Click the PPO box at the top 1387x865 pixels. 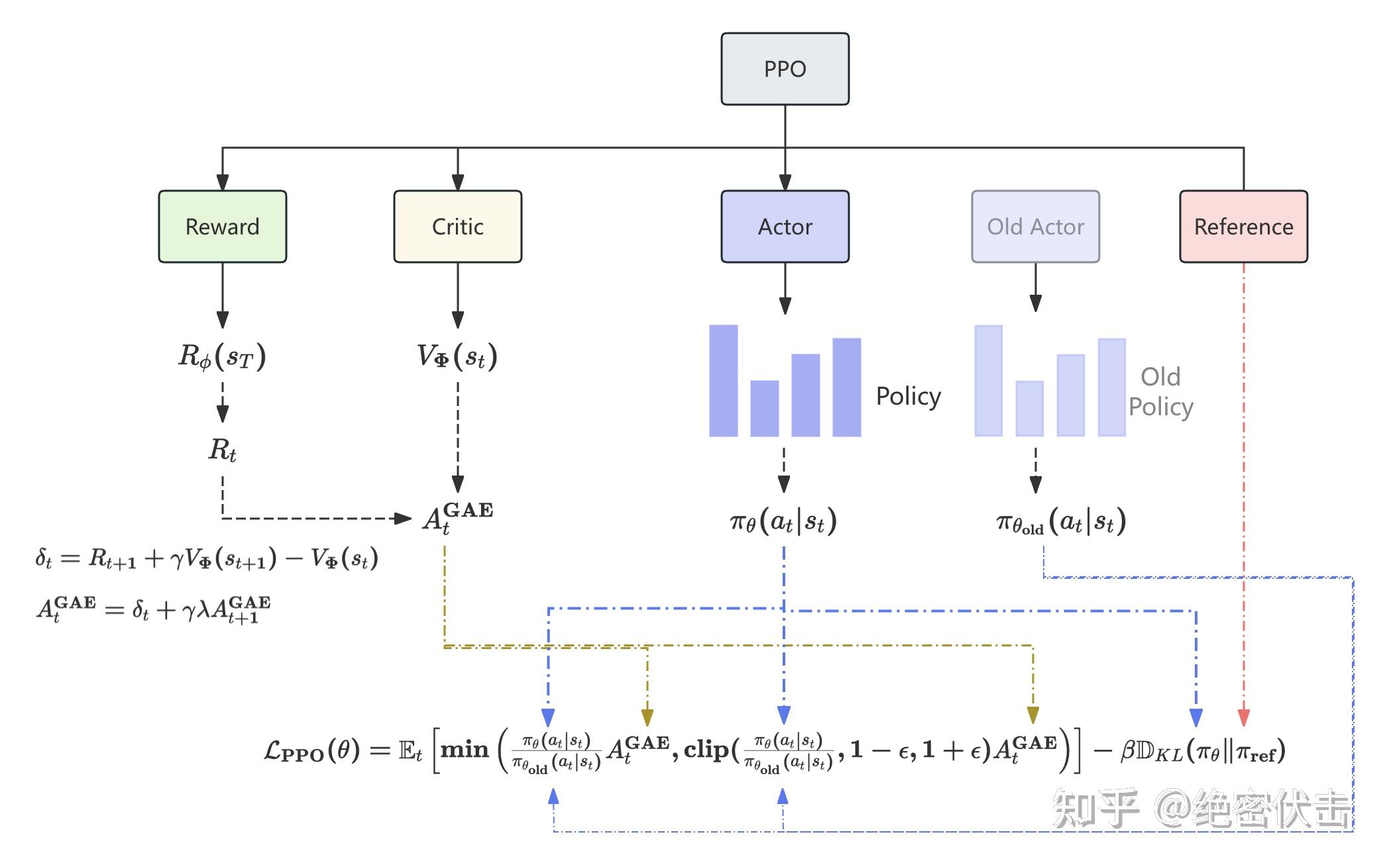[785, 69]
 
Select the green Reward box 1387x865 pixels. [222, 227]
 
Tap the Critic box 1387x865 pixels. [457, 227]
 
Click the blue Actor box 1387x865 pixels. [785, 227]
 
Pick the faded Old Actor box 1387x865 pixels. [1035, 227]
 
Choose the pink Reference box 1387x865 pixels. [1243, 227]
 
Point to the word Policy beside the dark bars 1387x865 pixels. [908, 396]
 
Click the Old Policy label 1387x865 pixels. [1160, 391]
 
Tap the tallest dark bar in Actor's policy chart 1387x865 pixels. [723, 381]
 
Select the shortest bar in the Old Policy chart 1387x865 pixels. [1029, 408]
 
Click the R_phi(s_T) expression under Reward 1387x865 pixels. [222, 356]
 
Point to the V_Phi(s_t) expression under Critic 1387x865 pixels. [457, 356]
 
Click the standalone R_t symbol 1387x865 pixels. [222, 450]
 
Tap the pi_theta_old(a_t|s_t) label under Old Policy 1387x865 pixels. [1060, 523]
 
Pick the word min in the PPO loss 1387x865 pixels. [464, 750]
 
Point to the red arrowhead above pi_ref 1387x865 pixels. [1243, 717]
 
